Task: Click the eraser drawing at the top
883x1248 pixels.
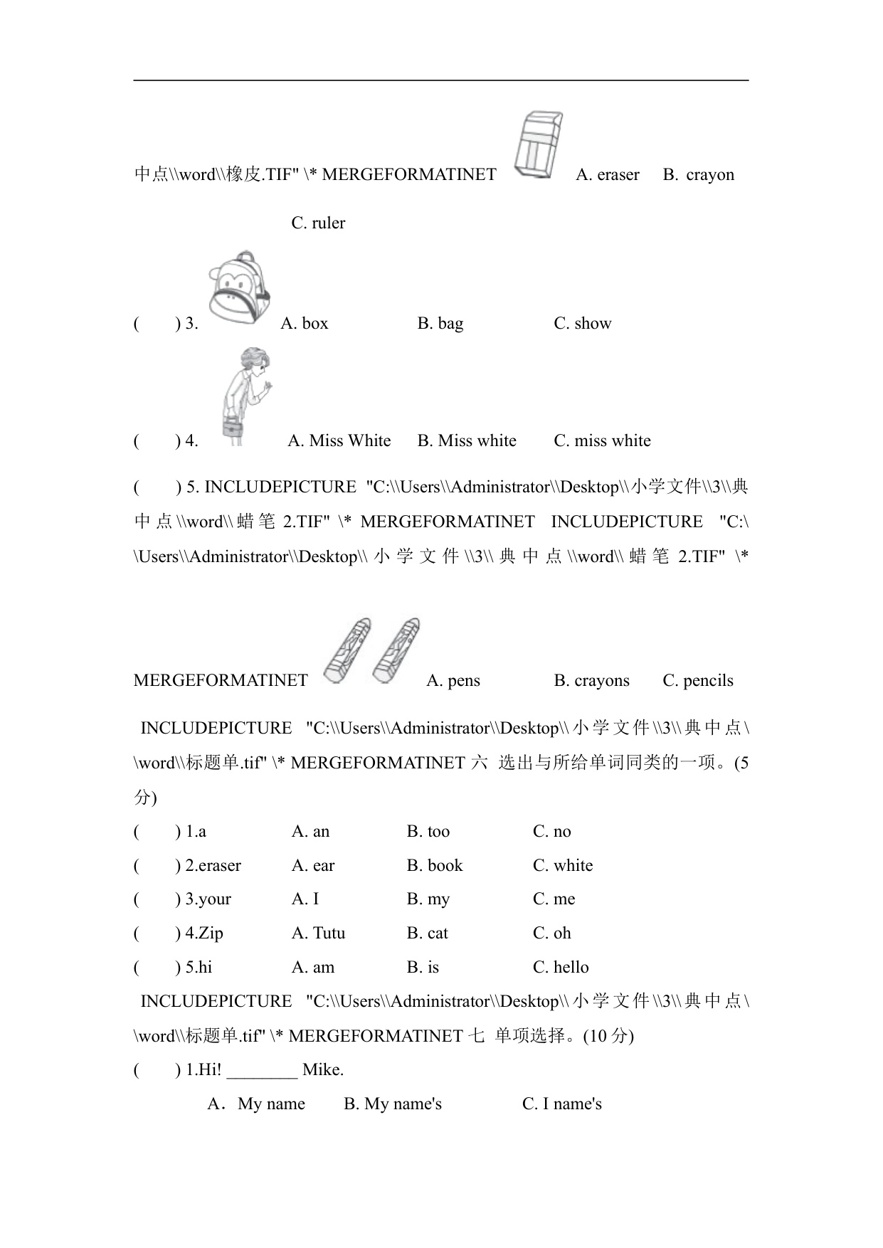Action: click(538, 146)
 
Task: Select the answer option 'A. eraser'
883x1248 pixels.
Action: click(607, 175)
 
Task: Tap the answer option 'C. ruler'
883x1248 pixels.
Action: click(318, 223)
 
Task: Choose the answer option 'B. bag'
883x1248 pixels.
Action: click(440, 324)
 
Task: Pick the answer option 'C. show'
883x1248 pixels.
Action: click(582, 324)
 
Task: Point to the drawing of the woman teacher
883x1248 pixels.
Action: click(245, 395)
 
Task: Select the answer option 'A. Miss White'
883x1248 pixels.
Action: click(339, 441)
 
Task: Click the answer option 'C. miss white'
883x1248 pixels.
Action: click(602, 441)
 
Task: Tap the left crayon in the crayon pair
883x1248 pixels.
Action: click(347, 650)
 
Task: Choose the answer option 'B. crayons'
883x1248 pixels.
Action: click(591, 681)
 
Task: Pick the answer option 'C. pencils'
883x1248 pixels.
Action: click(697, 681)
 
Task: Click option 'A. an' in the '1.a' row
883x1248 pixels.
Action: click(310, 832)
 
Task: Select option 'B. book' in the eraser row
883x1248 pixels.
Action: click(434, 866)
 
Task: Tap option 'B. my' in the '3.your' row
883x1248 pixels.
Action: click(428, 899)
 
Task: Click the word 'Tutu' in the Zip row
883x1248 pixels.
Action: click(328, 934)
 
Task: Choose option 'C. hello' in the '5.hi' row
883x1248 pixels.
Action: click(561, 968)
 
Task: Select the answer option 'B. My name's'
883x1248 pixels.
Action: click(392, 1104)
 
